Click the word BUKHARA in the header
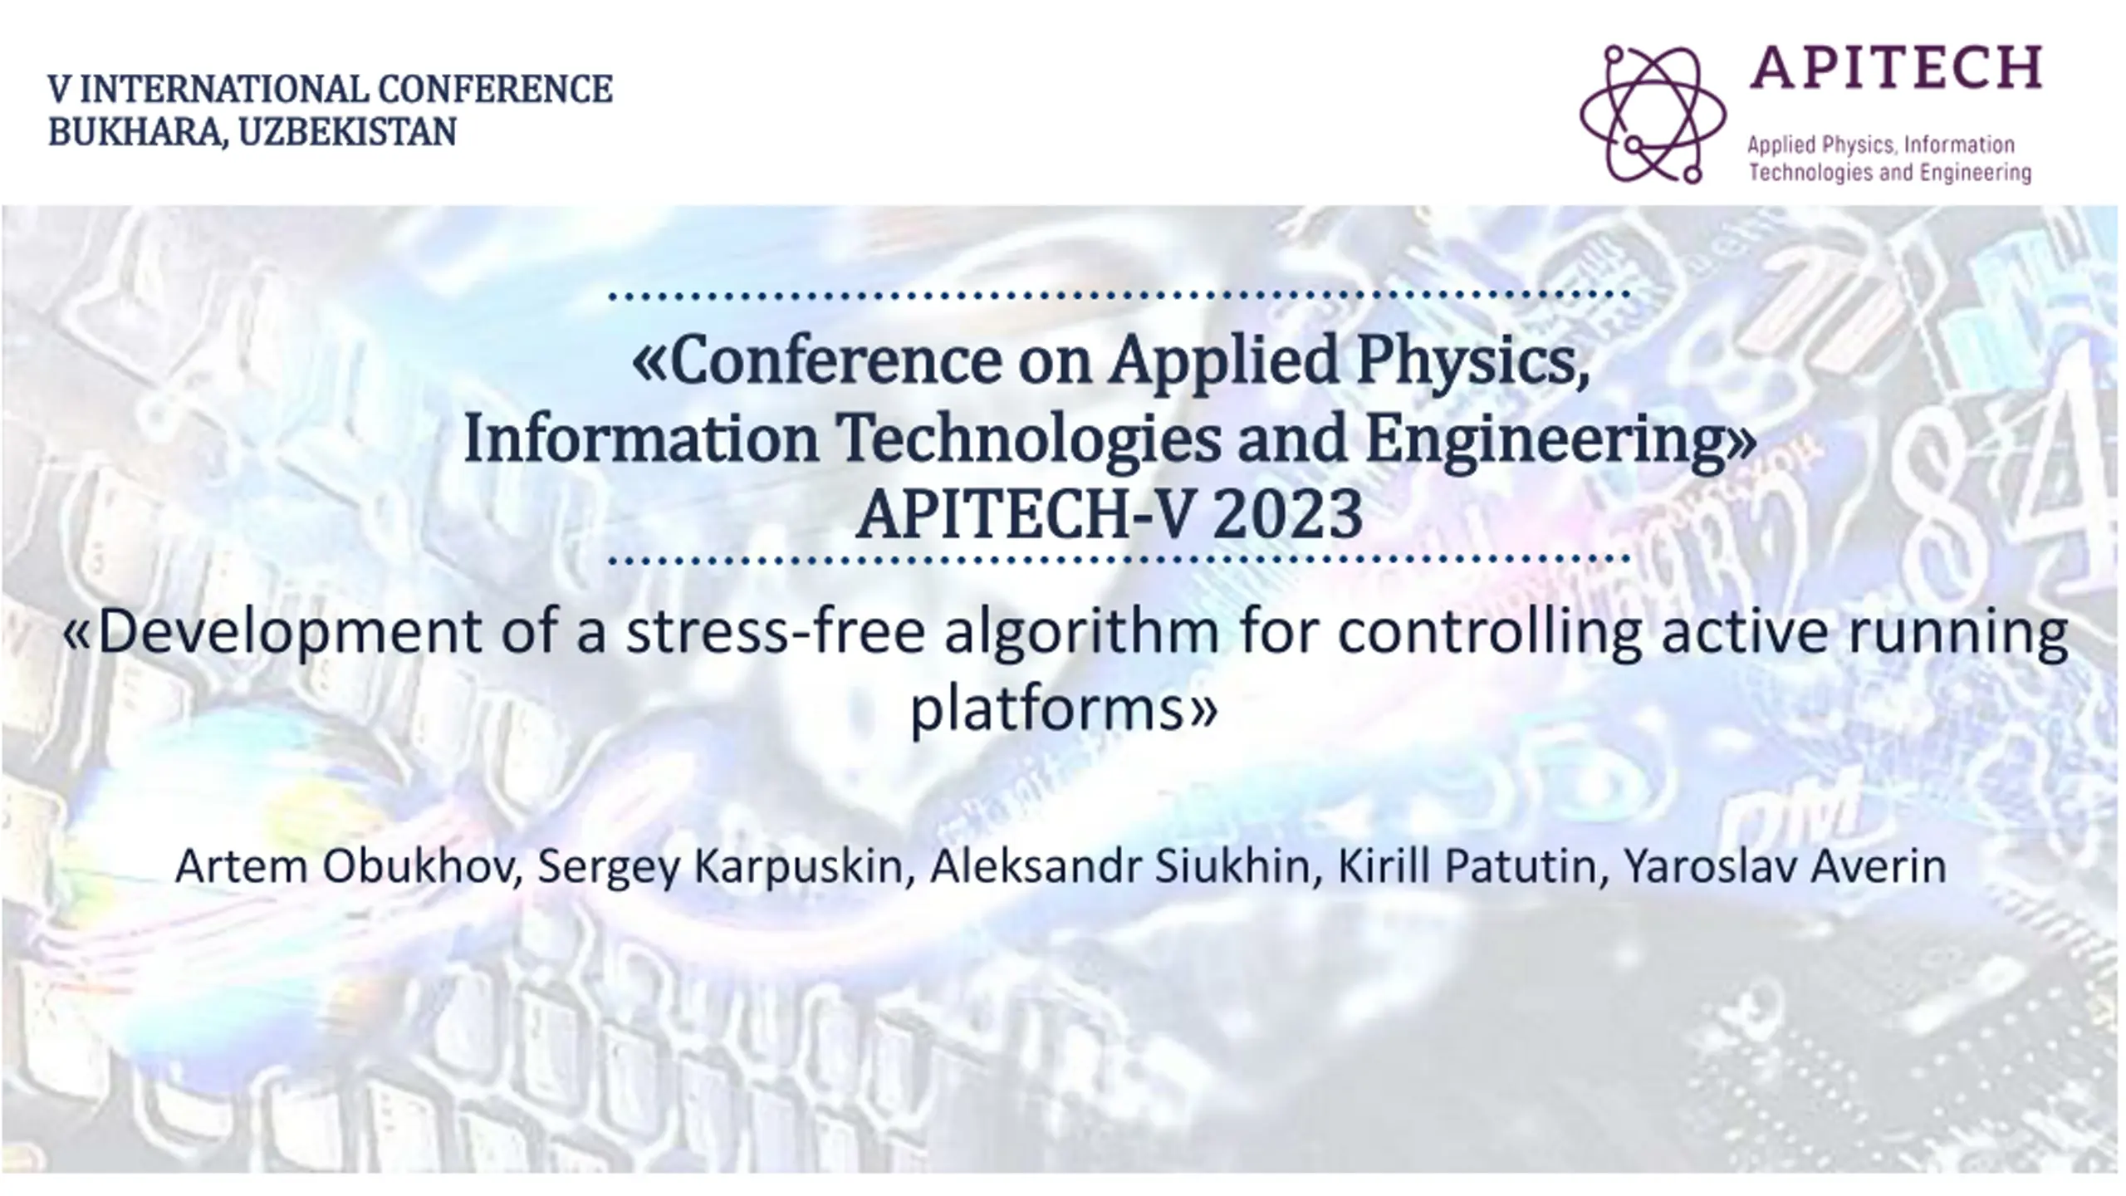(x=138, y=132)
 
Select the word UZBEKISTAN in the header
(x=347, y=131)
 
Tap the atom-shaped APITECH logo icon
(x=1652, y=114)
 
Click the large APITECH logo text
(x=1895, y=67)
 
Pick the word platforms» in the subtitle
(x=1064, y=709)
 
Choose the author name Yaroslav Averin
(x=1785, y=866)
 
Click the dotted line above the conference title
(x=1119, y=295)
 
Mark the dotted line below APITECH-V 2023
(x=1119, y=560)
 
